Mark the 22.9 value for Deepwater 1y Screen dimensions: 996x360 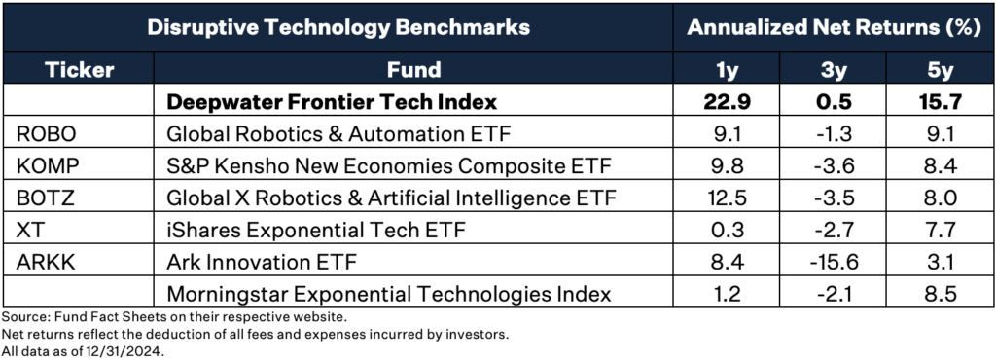pyautogui.click(x=729, y=101)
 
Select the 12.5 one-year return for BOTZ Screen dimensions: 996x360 pyautogui.click(x=729, y=198)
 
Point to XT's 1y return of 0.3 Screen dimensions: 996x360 pyautogui.click(x=729, y=230)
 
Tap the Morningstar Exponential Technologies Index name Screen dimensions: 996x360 pyautogui.click(x=389, y=294)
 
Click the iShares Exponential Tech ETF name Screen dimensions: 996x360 pyautogui.click(x=316, y=230)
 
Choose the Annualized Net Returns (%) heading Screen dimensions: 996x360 pyautogui.click(x=834, y=27)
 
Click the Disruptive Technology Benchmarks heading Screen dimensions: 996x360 pyautogui.click(x=338, y=27)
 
